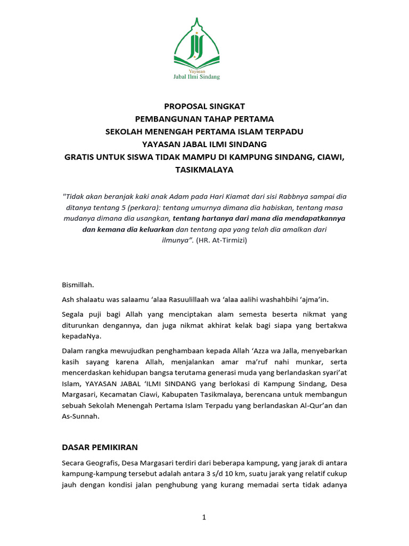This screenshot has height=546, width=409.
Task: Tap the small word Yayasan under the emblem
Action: pyautogui.click(x=197, y=70)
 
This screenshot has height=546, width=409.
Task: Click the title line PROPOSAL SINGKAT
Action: pyautogui.click(x=204, y=107)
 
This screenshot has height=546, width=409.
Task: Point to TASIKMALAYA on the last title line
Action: pyautogui.click(x=204, y=170)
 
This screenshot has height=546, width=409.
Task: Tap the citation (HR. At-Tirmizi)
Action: pyautogui.click(x=222, y=240)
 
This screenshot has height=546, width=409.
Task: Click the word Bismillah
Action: pyautogui.click(x=78, y=285)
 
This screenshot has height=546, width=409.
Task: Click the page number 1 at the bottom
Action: pyautogui.click(x=204, y=517)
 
